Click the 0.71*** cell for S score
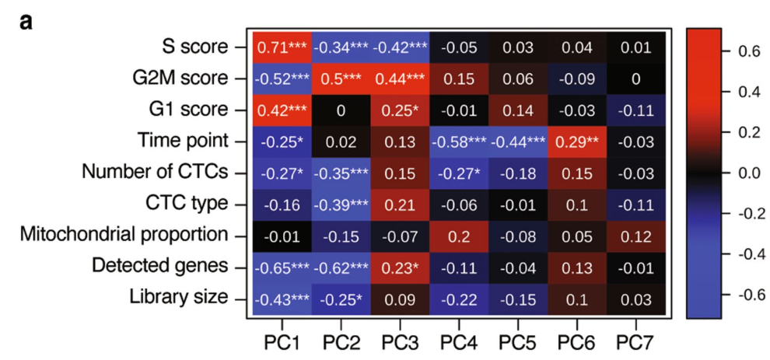click(282, 47)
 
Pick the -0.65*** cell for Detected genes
click(282, 267)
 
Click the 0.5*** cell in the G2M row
click(341, 79)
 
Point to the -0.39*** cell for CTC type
click(341, 204)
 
